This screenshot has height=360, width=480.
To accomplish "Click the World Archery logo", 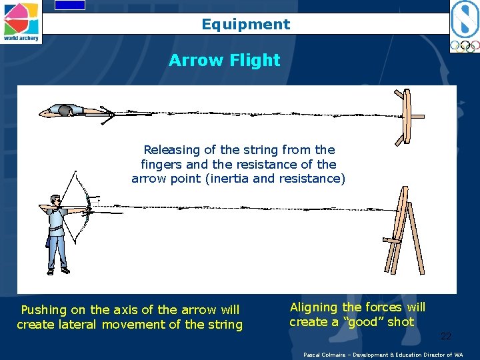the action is (x=21, y=21).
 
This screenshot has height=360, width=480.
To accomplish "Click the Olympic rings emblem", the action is (x=464, y=46).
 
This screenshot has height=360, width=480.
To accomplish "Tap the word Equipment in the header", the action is (x=246, y=25).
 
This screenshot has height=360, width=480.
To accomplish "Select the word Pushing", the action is (x=44, y=310).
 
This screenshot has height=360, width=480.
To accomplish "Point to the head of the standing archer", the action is (x=55, y=200).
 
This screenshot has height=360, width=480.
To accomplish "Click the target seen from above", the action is (x=405, y=117).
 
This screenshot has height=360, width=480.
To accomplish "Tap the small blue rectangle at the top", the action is (x=69, y=5).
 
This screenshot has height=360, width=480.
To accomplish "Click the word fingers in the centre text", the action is (x=162, y=164).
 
